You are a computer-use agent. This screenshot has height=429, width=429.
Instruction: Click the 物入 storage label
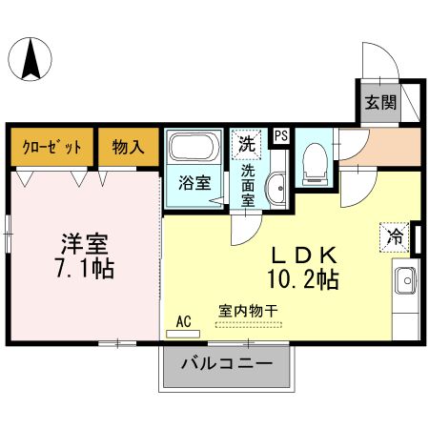click(128, 147)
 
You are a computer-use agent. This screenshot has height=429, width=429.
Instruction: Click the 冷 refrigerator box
click(393, 235)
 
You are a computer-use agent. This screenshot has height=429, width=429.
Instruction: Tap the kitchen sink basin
click(402, 283)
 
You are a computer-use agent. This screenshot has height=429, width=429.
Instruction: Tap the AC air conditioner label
click(184, 322)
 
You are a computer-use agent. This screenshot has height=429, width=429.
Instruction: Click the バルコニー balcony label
click(227, 364)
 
